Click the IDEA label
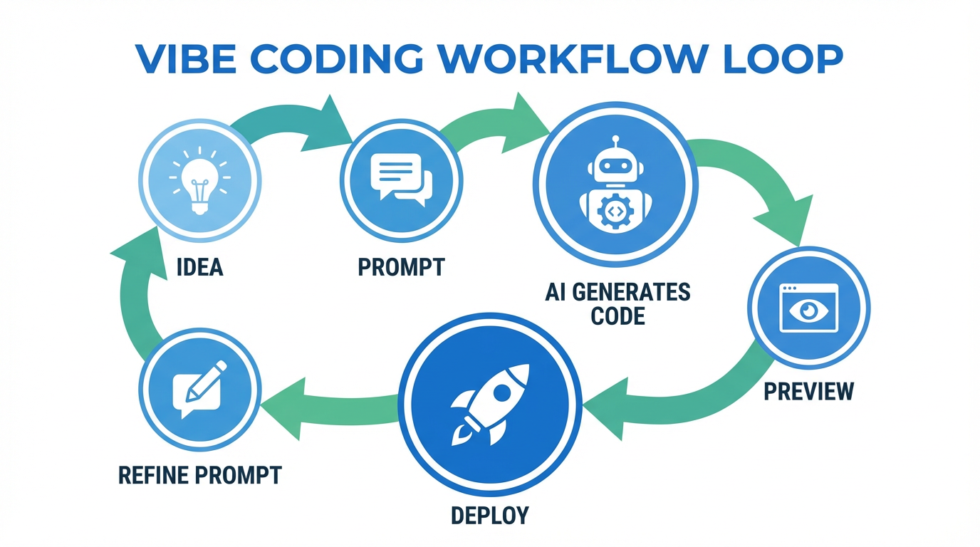(x=199, y=267)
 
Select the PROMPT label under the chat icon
(x=401, y=267)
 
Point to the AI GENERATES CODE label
(x=617, y=303)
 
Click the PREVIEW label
(x=808, y=391)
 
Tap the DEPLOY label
(x=490, y=514)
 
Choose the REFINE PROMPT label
(x=200, y=475)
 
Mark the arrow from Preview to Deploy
(x=677, y=399)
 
